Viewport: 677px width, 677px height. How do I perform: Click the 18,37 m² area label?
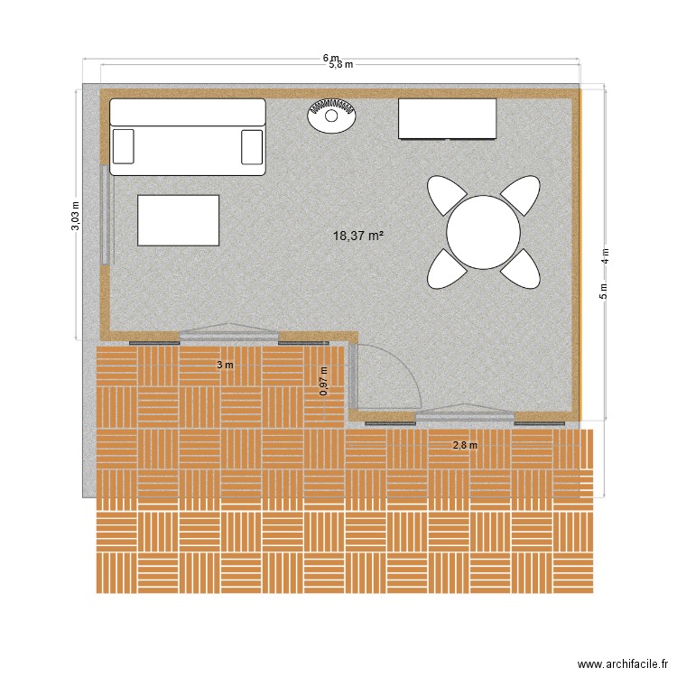[x=358, y=236]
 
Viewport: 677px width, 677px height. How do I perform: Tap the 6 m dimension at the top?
[x=332, y=58]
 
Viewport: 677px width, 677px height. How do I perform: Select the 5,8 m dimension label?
[x=340, y=65]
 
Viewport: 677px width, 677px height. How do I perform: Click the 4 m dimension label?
[x=606, y=255]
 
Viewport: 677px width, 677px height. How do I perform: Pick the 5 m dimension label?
[x=604, y=291]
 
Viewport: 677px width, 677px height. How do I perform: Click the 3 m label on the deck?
[x=225, y=365]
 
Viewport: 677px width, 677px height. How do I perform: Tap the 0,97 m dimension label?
[x=324, y=381]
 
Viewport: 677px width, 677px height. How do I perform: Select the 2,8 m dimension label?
[x=465, y=444]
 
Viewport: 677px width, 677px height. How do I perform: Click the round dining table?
[x=483, y=232]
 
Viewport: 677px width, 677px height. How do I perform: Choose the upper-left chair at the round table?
[x=446, y=195]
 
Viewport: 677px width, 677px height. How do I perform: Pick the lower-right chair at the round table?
[x=521, y=268]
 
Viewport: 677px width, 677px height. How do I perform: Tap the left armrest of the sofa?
[x=124, y=146]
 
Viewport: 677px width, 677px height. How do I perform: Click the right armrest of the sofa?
[x=252, y=146]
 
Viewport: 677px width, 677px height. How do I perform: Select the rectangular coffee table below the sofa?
[x=179, y=220]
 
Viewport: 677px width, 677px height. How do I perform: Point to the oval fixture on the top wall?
[x=331, y=114]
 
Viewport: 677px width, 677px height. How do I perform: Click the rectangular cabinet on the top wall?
[x=448, y=119]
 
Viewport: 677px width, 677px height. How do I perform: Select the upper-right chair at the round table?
[x=521, y=195]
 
